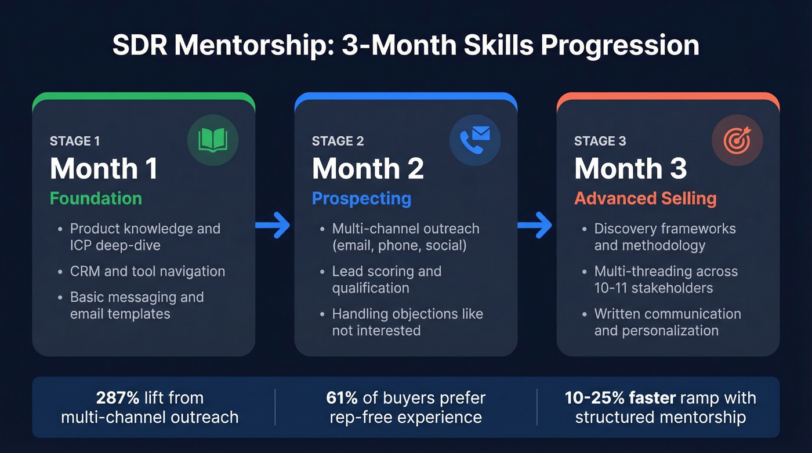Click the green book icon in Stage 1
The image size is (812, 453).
(x=212, y=140)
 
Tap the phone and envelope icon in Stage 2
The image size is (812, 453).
(x=474, y=140)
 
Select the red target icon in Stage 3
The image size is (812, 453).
(x=737, y=140)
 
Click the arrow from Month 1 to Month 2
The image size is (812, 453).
(x=273, y=225)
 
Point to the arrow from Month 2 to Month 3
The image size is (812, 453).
(x=535, y=225)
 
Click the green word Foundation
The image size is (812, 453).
(x=96, y=198)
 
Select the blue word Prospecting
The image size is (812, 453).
(x=361, y=198)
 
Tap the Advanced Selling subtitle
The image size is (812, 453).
(x=645, y=198)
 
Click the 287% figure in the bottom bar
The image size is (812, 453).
(x=118, y=398)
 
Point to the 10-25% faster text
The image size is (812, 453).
(x=620, y=398)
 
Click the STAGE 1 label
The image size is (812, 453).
(x=75, y=141)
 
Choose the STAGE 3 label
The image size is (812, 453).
(x=600, y=141)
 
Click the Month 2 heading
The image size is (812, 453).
(x=368, y=169)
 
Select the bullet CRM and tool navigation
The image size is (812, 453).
(x=147, y=271)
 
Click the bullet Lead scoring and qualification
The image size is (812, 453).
(x=386, y=280)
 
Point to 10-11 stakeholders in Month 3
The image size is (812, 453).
(x=653, y=288)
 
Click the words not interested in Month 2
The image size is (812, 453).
(x=376, y=331)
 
